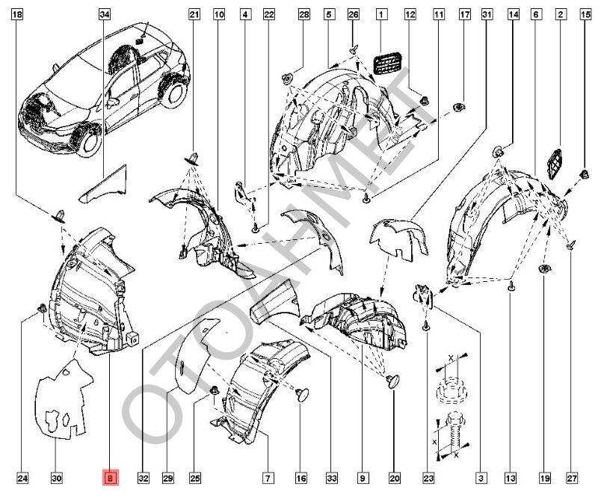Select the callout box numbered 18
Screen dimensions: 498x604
point(18,14)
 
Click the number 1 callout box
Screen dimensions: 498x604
point(381,14)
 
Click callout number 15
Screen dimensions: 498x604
point(585,14)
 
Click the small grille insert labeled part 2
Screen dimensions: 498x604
point(556,162)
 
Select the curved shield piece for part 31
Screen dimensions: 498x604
point(397,236)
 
